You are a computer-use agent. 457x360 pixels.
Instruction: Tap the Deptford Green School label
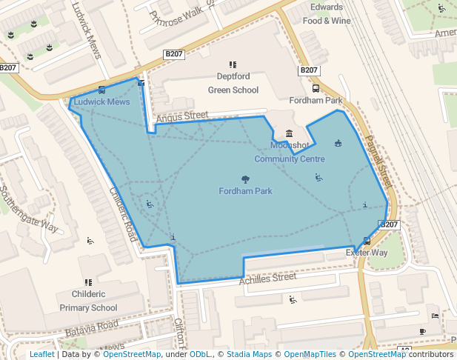(x=233, y=83)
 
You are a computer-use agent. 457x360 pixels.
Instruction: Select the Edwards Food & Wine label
(x=327, y=14)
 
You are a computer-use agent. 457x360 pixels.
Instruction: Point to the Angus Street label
(x=181, y=116)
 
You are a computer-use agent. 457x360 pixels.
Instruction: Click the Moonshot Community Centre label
(x=289, y=152)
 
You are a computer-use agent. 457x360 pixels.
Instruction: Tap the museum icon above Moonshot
(x=289, y=133)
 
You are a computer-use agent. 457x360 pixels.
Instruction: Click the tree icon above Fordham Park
(x=245, y=179)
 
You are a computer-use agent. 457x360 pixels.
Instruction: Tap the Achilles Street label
(x=267, y=279)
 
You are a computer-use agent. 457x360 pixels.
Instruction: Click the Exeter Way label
(x=367, y=253)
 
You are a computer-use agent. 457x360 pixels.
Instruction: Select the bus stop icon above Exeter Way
(x=366, y=241)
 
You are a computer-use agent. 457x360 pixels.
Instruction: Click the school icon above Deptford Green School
(x=233, y=64)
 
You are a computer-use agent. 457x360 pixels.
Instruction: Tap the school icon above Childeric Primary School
(x=88, y=282)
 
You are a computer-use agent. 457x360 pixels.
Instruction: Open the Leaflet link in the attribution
(x=41, y=354)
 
